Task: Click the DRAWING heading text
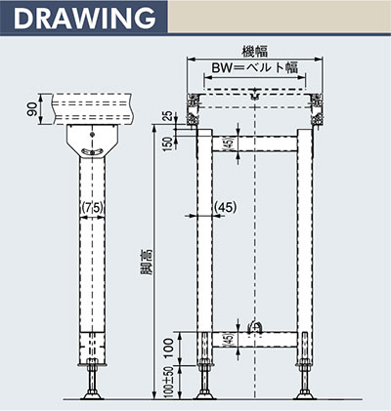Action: tap(84, 18)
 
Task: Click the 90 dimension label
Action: tap(32, 109)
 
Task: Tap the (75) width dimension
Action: tap(93, 207)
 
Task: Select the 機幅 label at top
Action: tap(254, 51)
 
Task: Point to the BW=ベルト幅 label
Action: tap(254, 67)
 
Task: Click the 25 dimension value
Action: tap(167, 116)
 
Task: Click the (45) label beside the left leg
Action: tap(226, 207)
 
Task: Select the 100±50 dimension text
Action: tap(168, 382)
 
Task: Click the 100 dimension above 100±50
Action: tap(168, 348)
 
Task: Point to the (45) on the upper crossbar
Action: tap(230, 144)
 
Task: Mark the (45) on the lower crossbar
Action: tap(230, 340)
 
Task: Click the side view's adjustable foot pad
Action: tap(92, 396)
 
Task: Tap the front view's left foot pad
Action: tap(204, 396)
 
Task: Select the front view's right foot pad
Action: tap(305, 396)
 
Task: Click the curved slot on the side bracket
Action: tap(93, 151)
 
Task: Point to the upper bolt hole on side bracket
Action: tap(93, 135)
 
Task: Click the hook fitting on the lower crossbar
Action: tap(254, 327)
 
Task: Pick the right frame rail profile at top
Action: tap(317, 109)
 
